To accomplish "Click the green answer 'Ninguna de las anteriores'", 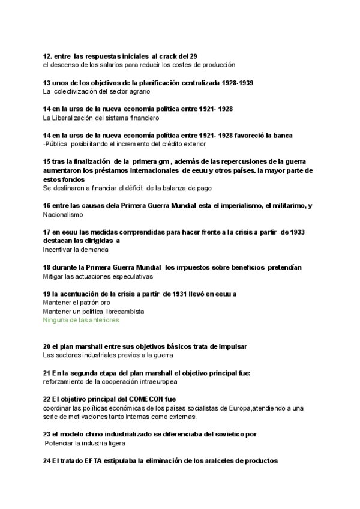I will (81, 320).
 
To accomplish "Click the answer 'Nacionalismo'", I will (63, 214).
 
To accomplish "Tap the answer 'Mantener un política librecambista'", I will (94, 312).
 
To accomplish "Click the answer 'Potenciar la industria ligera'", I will (85, 443).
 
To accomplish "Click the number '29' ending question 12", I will (193, 56).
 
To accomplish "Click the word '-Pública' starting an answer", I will (55, 144).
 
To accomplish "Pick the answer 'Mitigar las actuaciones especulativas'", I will (98, 276).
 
